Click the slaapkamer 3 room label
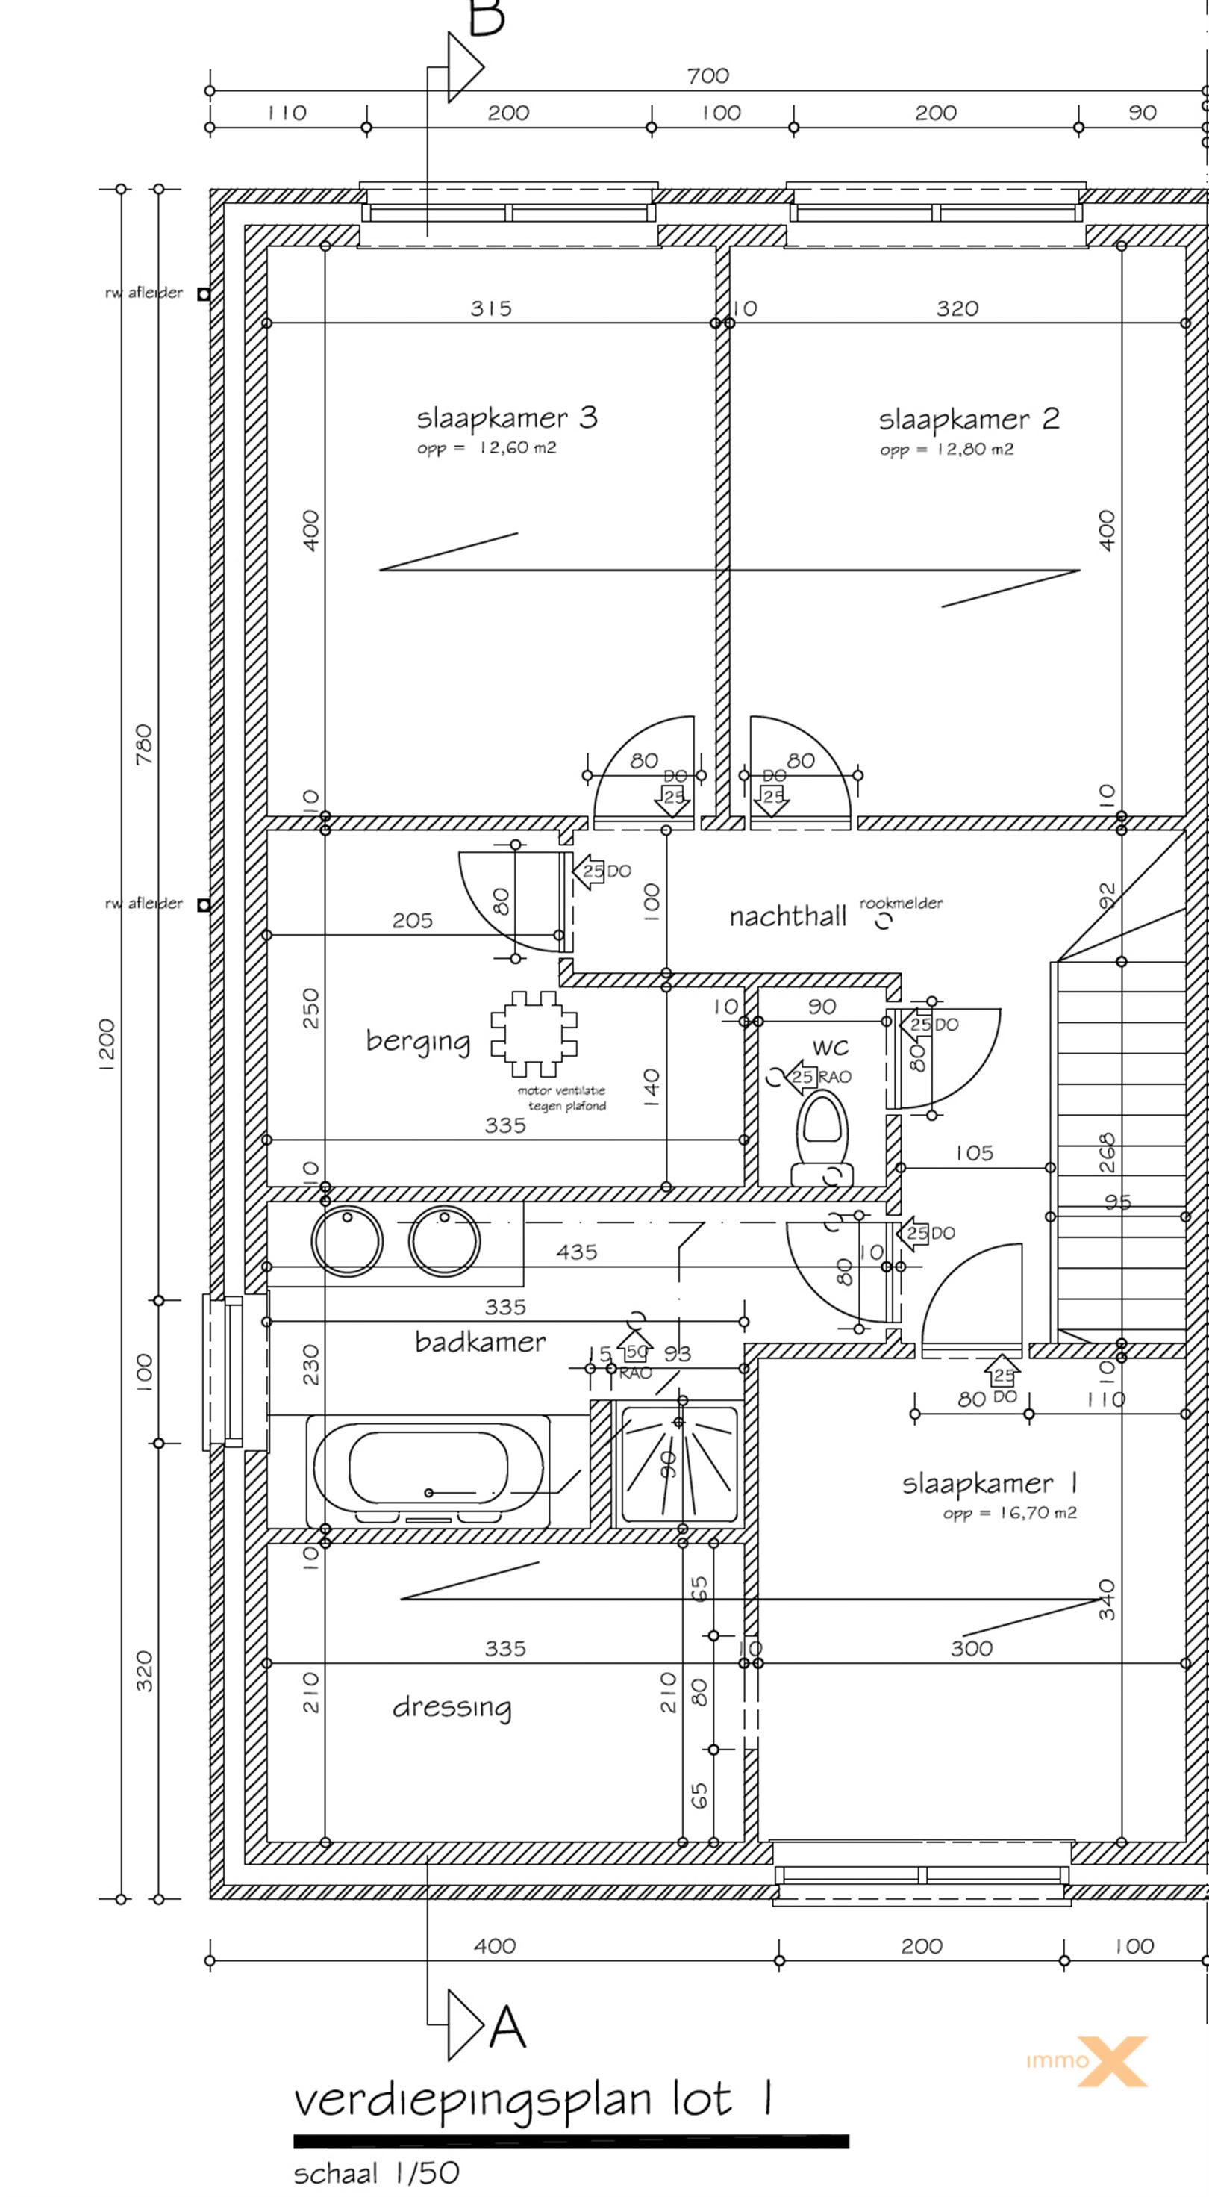tap(507, 418)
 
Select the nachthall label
tap(787, 917)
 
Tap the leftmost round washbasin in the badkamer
tap(347, 1242)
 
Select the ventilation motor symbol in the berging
tap(534, 1034)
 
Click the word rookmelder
tap(902, 902)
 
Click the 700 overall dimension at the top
tap(707, 76)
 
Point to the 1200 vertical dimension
tap(107, 1045)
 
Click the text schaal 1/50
tap(376, 2173)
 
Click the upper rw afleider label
tap(143, 293)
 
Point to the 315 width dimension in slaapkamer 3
tap(491, 308)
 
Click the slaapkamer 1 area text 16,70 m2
tap(1010, 1514)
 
